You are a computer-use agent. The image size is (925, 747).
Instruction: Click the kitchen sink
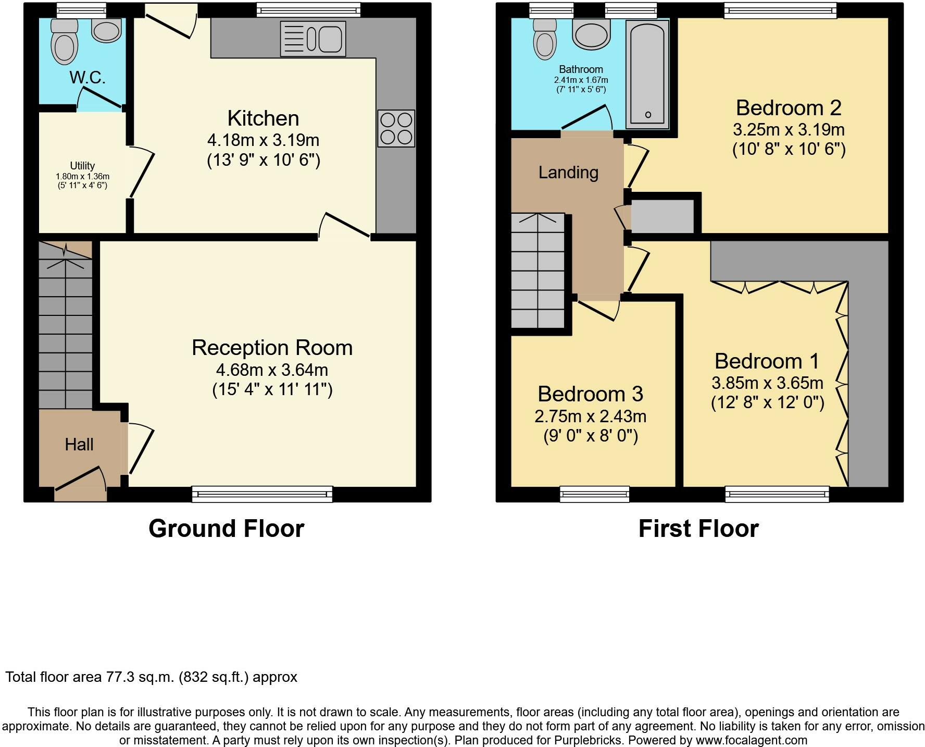pyautogui.click(x=312, y=39)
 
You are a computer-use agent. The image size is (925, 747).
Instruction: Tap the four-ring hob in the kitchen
pyautogui.click(x=396, y=128)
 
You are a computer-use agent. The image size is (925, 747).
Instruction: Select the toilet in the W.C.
pyautogui.click(x=65, y=42)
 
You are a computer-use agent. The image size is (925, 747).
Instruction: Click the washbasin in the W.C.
pyautogui.click(x=106, y=30)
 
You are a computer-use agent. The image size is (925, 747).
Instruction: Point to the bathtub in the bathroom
pyautogui.click(x=647, y=74)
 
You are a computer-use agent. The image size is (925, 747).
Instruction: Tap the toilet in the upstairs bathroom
pyautogui.click(x=545, y=39)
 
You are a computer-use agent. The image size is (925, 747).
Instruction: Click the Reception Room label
pyautogui.click(x=272, y=348)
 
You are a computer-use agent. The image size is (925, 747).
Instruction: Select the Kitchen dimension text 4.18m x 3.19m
pyautogui.click(x=263, y=140)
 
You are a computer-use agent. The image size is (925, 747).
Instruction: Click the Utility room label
pyautogui.click(x=82, y=165)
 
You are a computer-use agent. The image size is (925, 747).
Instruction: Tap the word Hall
pyautogui.click(x=79, y=444)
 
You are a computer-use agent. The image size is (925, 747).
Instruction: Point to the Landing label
pyautogui.click(x=568, y=173)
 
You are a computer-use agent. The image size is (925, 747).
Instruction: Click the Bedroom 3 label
pyautogui.click(x=590, y=394)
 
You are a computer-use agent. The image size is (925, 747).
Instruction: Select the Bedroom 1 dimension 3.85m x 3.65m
pyautogui.click(x=767, y=383)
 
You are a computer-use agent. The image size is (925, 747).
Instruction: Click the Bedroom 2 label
pyautogui.click(x=789, y=108)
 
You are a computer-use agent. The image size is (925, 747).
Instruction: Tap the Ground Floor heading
pyautogui.click(x=226, y=529)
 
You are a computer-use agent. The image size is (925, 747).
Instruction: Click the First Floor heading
pyautogui.click(x=698, y=529)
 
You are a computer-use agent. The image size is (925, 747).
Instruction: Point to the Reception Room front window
pyautogui.click(x=262, y=494)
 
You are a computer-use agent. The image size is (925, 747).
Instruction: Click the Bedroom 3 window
pyautogui.click(x=594, y=494)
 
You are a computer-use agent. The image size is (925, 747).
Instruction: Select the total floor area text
pyautogui.click(x=151, y=677)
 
